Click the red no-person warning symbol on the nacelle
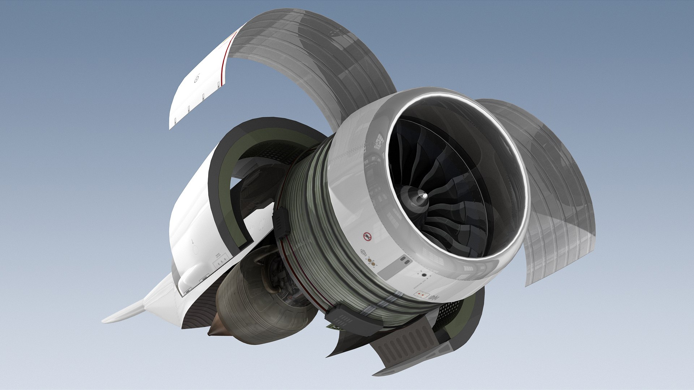pyautogui.click(x=368, y=237)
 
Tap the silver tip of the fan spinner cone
pyautogui.click(x=424, y=196)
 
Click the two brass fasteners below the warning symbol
pyautogui.click(x=370, y=261)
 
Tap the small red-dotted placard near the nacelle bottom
pyautogui.click(x=421, y=295)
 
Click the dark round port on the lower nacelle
pyautogui.click(x=424, y=276)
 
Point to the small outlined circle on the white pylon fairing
pyautogui.click(x=196, y=251)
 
